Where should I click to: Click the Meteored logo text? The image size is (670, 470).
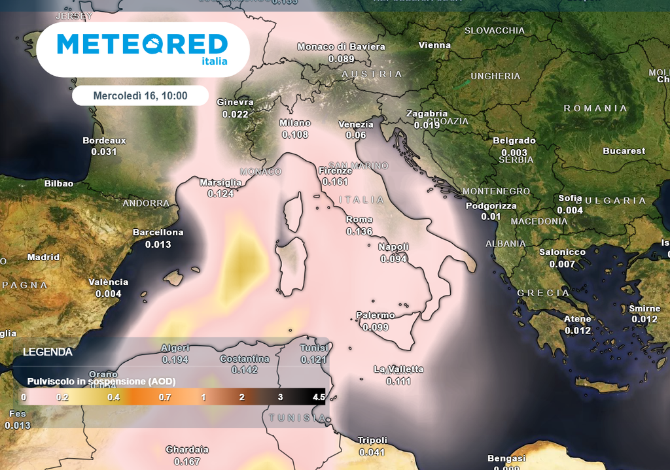click(142, 44)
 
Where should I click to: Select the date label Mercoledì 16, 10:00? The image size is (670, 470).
click(140, 95)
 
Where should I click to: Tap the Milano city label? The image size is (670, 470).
click(294, 123)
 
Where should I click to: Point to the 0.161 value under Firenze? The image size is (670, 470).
click(336, 182)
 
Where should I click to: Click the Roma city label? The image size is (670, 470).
click(359, 220)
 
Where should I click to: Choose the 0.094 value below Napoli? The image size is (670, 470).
click(394, 259)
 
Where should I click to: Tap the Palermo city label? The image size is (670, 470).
click(376, 316)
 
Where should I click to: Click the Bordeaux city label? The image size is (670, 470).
click(104, 141)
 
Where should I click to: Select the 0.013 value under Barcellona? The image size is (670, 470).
click(158, 244)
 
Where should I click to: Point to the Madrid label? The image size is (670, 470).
click(43, 258)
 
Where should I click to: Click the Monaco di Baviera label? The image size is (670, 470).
click(341, 47)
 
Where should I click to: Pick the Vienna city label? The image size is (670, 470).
click(435, 46)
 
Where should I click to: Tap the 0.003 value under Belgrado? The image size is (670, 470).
click(514, 153)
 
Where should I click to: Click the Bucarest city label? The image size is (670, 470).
click(624, 151)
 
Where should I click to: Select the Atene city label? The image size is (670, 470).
click(578, 319)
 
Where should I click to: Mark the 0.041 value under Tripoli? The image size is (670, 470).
click(372, 452)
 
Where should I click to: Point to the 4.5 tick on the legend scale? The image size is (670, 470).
click(319, 397)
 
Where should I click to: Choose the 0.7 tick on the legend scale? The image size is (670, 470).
click(164, 397)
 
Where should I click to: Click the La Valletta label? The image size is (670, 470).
click(398, 369)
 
